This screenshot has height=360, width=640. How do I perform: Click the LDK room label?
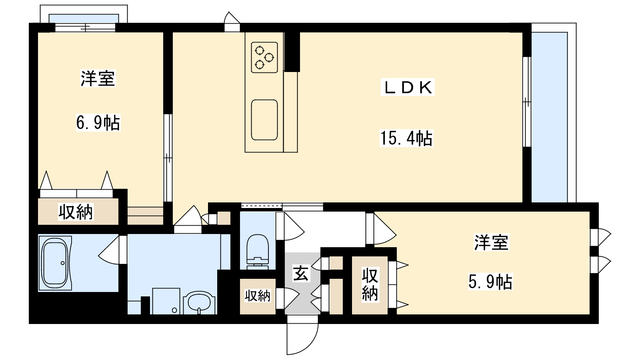(408, 87)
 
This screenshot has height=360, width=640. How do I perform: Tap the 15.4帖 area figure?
(406, 138)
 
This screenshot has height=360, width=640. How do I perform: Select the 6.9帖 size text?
(98, 122)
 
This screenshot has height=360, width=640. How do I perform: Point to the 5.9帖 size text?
(490, 282)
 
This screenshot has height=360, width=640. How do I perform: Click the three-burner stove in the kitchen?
(264, 58)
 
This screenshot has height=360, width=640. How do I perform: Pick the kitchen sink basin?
(264, 120)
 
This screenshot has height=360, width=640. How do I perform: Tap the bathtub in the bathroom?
(55, 263)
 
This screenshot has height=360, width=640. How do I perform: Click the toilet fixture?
(258, 252)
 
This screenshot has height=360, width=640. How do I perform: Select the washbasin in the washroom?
(200, 302)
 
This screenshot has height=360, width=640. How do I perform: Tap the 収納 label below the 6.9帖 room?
(76, 212)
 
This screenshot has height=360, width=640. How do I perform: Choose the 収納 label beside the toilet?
(258, 296)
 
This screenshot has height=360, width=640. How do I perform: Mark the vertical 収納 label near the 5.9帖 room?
(370, 284)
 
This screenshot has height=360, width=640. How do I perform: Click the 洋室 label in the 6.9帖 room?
(98, 78)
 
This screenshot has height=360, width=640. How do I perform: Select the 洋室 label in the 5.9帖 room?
(492, 242)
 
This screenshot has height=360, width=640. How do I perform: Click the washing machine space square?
(166, 301)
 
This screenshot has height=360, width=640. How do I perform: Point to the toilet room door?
(290, 226)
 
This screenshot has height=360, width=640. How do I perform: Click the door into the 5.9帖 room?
(381, 229)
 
